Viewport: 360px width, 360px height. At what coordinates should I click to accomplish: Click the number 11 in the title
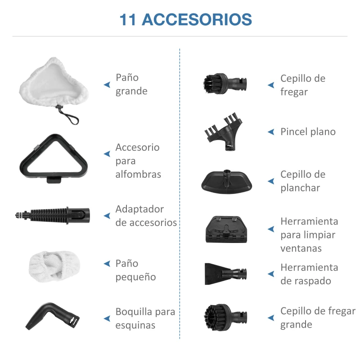[128, 20]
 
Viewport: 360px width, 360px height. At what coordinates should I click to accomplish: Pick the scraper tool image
[225, 273]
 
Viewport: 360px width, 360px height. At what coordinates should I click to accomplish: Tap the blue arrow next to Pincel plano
[271, 132]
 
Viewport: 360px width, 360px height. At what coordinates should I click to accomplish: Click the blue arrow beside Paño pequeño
[107, 263]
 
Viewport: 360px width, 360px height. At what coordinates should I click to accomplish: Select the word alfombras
[138, 175]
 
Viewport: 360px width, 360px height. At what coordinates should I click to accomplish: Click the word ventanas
[301, 248]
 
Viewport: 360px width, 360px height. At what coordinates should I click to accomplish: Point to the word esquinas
[135, 325]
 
